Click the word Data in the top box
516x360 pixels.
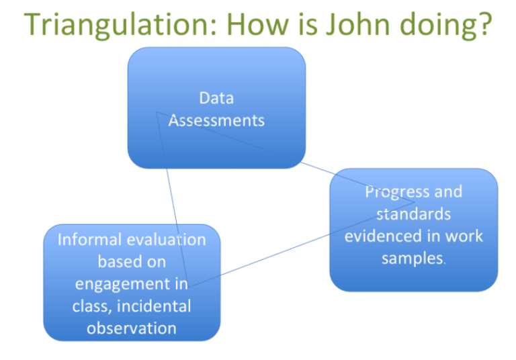216,98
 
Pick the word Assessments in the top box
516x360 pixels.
216,121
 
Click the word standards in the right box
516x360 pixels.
413,214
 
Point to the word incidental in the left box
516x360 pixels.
159,306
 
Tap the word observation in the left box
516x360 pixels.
132,328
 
